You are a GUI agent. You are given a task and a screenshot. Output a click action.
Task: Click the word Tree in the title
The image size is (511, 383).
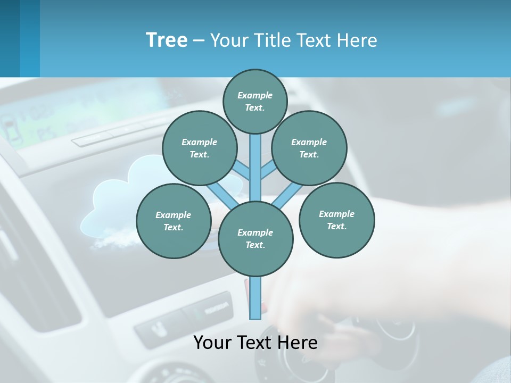pyautogui.click(x=167, y=40)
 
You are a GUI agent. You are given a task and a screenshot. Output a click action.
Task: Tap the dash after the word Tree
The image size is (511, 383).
pyautogui.click(x=199, y=41)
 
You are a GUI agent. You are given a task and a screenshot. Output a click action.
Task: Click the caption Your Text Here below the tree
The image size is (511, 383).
pyautogui.click(x=256, y=343)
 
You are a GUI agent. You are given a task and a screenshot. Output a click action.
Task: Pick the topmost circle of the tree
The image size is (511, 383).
pyautogui.click(x=255, y=101)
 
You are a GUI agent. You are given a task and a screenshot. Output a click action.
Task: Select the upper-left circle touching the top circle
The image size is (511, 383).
pyautogui.click(x=199, y=148)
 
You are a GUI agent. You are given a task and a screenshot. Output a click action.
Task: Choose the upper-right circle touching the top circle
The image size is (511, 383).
pyautogui.click(x=309, y=148)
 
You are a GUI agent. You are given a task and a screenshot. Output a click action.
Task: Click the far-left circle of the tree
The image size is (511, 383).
pyautogui.click(x=174, y=221)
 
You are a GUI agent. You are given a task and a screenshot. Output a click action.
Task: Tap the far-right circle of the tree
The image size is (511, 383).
pyautogui.click(x=336, y=220)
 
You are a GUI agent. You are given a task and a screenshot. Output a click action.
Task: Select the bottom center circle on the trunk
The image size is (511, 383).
pyautogui.click(x=256, y=238)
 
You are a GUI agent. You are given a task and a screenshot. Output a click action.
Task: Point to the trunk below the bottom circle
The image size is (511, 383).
pyautogui.click(x=256, y=298)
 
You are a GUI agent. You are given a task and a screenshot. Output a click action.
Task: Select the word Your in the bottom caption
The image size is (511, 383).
pyautogui.click(x=212, y=343)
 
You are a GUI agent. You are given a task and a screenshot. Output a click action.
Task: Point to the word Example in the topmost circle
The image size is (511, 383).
pyautogui.click(x=255, y=95)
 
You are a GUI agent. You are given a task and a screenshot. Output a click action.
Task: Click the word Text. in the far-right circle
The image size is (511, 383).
pyautogui.click(x=336, y=226)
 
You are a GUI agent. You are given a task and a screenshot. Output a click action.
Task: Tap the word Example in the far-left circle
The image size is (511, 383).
pyautogui.click(x=173, y=215)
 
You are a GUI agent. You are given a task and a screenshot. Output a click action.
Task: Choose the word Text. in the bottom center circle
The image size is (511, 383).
pyautogui.click(x=256, y=245)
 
